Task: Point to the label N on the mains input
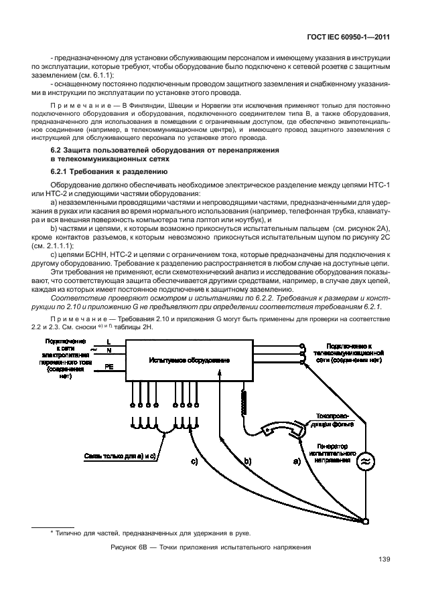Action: pos(109,351)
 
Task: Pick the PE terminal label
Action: pos(109,367)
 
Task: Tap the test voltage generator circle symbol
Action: pos(365,461)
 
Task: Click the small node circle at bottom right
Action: pos(366,520)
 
